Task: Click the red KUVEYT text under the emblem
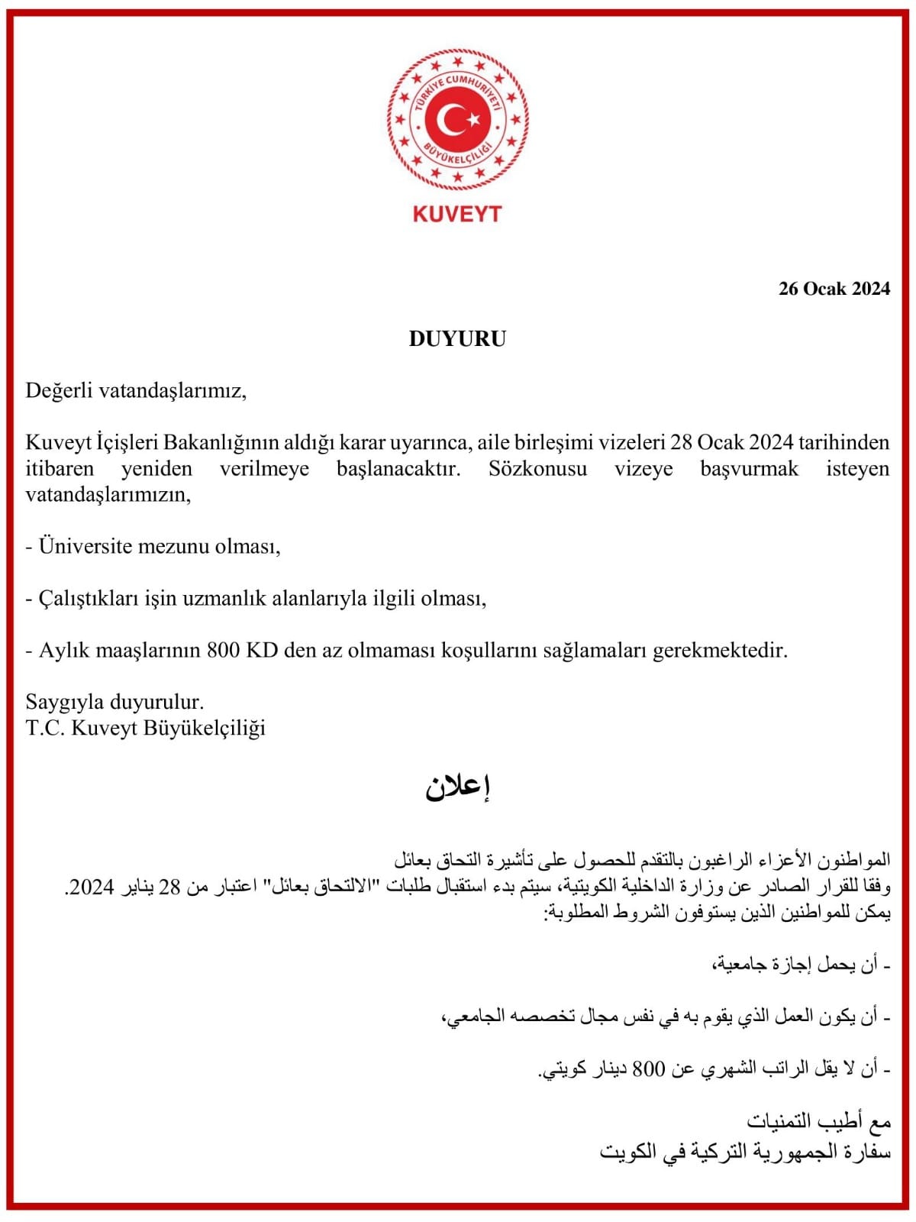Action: (x=457, y=214)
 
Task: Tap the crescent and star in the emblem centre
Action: (x=456, y=119)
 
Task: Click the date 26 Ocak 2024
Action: (x=834, y=289)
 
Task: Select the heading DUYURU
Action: (x=457, y=339)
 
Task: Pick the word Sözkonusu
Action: (x=537, y=468)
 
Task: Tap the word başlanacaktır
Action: (x=398, y=468)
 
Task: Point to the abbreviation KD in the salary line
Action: (x=262, y=650)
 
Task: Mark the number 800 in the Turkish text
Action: (x=223, y=650)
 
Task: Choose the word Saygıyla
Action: (x=66, y=701)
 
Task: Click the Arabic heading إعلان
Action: (x=457, y=787)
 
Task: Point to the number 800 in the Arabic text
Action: (x=649, y=1069)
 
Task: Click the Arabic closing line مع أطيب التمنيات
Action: (x=818, y=1121)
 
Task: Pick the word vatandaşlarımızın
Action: (x=108, y=495)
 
